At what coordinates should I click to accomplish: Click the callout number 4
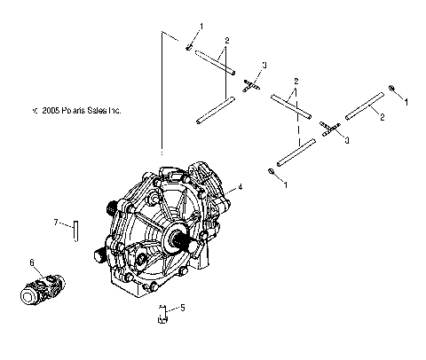(x=240, y=187)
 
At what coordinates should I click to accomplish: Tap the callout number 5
(x=183, y=308)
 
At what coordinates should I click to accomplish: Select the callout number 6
(x=32, y=262)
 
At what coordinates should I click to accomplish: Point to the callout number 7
(x=56, y=222)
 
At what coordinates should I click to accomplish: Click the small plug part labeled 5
(x=162, y=314)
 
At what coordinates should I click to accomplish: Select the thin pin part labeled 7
(x=76, y=231)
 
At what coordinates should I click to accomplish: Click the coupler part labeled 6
(x=43, y=289)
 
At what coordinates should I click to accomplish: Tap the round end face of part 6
(x=29, y=296)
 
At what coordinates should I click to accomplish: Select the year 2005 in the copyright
(x=51, y=110)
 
